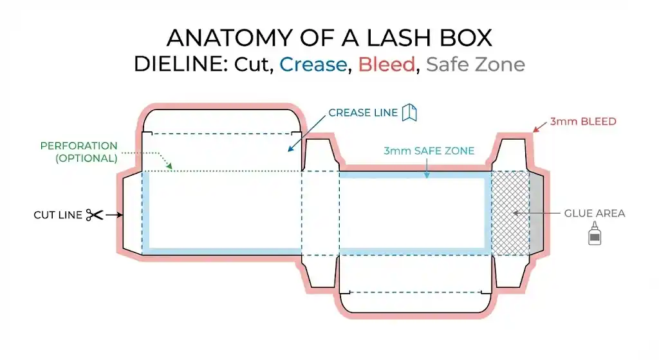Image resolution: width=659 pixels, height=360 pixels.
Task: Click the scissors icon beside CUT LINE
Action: (x=94, y=215)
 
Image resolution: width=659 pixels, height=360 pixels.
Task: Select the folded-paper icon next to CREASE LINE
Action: (x=409, y=112)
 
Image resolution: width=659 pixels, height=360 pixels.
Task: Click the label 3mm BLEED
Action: (x=583, y=121)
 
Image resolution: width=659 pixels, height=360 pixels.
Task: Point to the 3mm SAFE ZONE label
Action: (x=429, y=151)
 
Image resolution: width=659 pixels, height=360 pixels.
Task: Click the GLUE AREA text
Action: (x=594, y=213)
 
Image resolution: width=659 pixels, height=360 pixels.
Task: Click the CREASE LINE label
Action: (x=363, y=113)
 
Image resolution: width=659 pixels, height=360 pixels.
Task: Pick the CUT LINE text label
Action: (x=57, y=215)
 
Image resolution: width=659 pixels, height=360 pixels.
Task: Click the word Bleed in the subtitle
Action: (x=386, y=64)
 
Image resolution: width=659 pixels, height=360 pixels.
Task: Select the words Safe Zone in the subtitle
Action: (x=475, y=64)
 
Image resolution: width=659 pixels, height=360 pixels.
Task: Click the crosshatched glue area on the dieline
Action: (x=510, y=213)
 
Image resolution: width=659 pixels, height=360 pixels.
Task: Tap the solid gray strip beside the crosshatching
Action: (x=536, y=213)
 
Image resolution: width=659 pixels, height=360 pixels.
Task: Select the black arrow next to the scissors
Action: (x=115, y=215)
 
